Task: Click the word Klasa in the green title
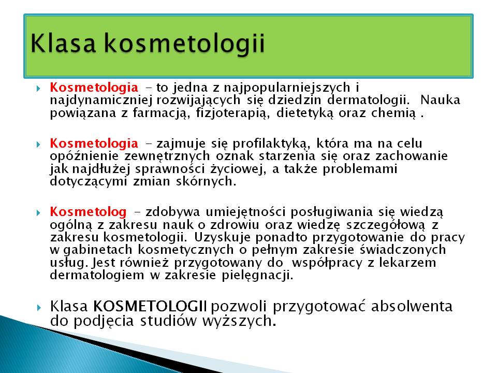[63, 43]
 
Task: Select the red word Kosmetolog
[88, 212]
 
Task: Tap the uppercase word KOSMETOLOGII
[150, 306]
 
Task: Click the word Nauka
[440, 100]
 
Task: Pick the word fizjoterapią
[233, 113]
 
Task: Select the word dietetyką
[305, 113]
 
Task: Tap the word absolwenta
[412, 306]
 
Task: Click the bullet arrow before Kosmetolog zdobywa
[39, 212]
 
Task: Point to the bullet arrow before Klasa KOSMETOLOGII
[39, 307]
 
